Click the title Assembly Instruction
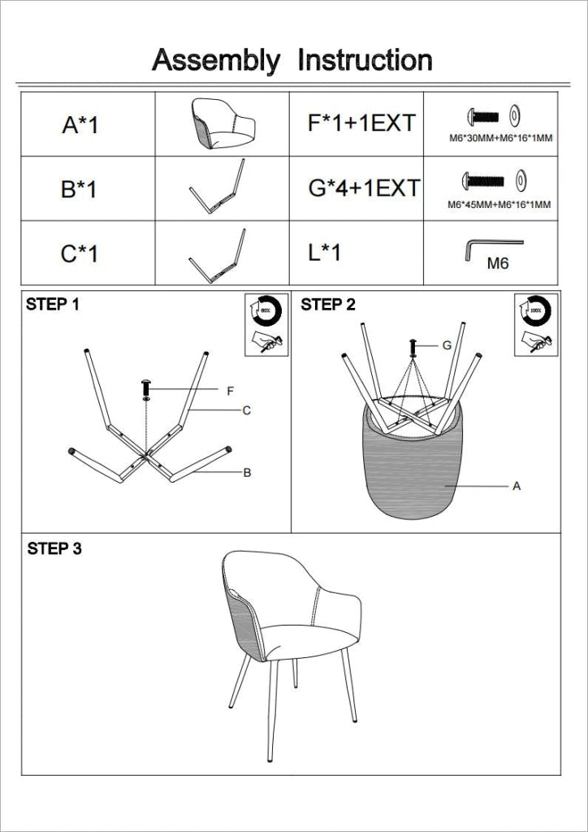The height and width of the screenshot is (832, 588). pyautogui.click(x=292, y=61)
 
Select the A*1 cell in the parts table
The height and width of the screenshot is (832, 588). pyautogui.click(x=80, y=125)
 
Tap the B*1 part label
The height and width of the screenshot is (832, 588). pyautogui.click(x=79, y=189)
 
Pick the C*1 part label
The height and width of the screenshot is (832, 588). pyautogui.click(x=80, y=253)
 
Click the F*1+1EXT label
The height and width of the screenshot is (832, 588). pyautogui.click(x=361, y=123)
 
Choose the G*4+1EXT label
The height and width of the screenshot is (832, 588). pyautogui.click(x=364, y=188)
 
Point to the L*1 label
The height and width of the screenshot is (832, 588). pyautogui.click(x=325, y=253)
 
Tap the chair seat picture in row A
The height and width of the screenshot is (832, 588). pyautogui.click(x=223, y=123)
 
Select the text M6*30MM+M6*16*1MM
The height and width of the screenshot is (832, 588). pyautogui.click(x=500, y=138)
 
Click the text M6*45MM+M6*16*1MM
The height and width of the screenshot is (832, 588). pyautogui.click(x=499, y=205)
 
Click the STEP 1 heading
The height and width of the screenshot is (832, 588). pyautogui.click(x=53, y=305)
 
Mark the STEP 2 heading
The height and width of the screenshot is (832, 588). pyautogui.click(x=328, y=305)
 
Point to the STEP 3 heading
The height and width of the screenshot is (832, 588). pyautogui.click(x=54, y=549)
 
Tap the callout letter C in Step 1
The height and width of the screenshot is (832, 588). pyautogui.click(x=247, y=411)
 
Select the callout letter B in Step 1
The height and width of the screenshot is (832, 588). pyautogui.click(x=247, y=473)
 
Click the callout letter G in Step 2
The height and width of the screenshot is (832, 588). pyautogui.click(x=447, y=345)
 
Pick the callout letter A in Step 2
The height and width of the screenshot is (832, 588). pyautogui.click(x=516, y=487)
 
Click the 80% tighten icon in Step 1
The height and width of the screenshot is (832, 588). pyautogui.click(x=265, y=310)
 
